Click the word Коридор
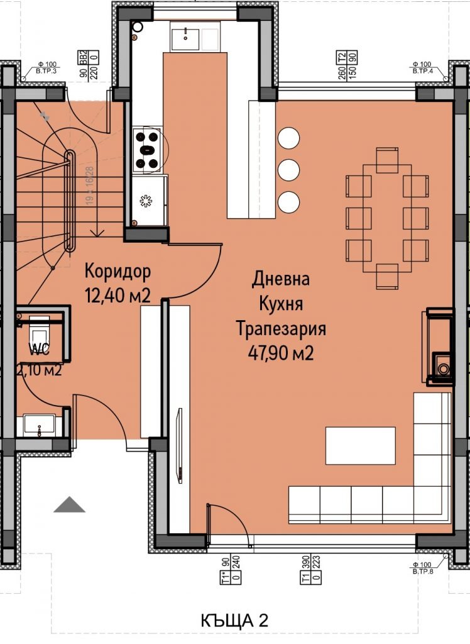click(x=117, y=272)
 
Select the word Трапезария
click(x=280, y=329)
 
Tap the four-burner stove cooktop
click(x=148, y=150)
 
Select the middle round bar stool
click(x=288, y=169)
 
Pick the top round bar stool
click(x=288, y=138)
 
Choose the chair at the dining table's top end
click(x=386, y=160)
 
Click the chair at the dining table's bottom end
click(x=386, y=276)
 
